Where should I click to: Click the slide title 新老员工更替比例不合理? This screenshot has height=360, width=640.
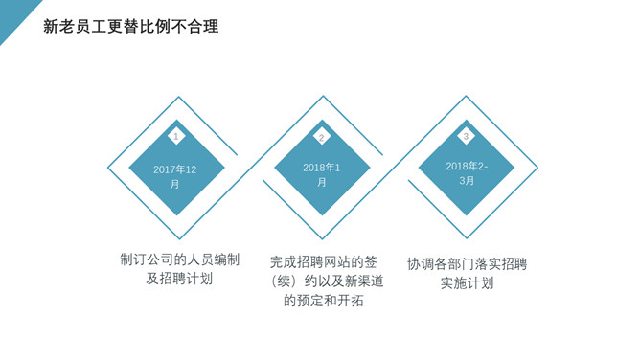pyautogui.click(x=131, y=27)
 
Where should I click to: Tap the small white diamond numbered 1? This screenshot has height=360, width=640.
pyautogui.click(x=176, y=136)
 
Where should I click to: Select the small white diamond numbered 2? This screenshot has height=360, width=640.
pyautogui.click(x=322, y=136)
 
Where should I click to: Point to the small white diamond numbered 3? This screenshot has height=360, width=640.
pyautogui.click(x=466, y=136)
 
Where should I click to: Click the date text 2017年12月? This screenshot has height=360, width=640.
pyautogui.click(x=175, y=177)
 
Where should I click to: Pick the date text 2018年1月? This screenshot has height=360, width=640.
pyautogui.click(x=322, y=175)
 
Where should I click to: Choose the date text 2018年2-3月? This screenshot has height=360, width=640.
pyautogui.click(x=467, y=173)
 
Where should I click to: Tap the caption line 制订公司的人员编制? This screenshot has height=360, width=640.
pyautogui.click(x=179, y=259)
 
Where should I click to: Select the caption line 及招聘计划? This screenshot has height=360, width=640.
pyautogui.click(x=179, y=279)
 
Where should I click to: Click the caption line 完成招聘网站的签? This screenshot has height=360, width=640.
pyautogui.click(x=323, y=261)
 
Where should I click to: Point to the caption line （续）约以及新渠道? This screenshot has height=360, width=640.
pyautogui.click(x=326, y=281)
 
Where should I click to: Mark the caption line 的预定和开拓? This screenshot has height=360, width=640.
pyautogui.click(x=323, y=301)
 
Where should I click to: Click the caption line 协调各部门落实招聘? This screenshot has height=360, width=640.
pyautogui.click(x=467, y=264)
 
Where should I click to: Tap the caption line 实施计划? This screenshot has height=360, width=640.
pyautogui.click(x=467, y=283)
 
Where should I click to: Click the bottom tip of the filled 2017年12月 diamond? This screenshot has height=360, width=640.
pyautogui.click(x=176, y=215)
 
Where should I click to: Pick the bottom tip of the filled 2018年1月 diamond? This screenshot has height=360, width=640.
pyautogui.click(x=322, y=215)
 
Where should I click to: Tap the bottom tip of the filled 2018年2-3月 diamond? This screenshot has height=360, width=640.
pyautogui.click(x=467, y=215)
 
